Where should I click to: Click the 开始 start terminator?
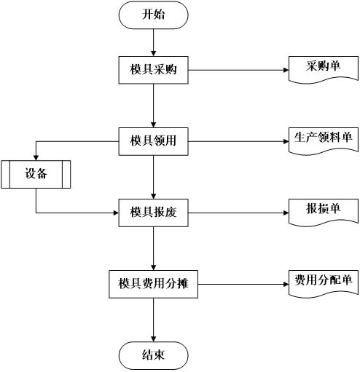(x=153, y=15)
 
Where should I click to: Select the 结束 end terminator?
(x=153, y=355)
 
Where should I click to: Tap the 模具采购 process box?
(x=153, y=70)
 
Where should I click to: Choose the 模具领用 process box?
(x=153, y=141)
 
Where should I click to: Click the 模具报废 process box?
(x=153, y=213)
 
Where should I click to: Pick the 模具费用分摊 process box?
(x=153, y=284)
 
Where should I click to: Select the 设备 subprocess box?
(x=36, y=174)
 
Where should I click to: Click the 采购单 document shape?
(x=324, y=70)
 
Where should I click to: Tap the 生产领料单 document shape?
(x=324, y=141)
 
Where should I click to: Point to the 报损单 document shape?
(x=324, y=213)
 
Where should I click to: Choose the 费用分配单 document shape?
(x=324, y=284)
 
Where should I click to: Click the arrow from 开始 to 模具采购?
(x=153, y=43)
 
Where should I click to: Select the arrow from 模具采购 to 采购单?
(x=238, y=70)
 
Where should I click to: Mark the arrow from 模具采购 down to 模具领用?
(x=153, y=106)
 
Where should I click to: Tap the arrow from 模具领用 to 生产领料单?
(x=238, y=141)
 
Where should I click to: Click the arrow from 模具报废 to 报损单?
(x=238, y=213)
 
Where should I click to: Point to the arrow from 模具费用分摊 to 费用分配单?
(x=243, y=284)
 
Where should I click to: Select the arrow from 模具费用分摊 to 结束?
(x=153, y=320)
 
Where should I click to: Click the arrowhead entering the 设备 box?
(x=36, y=158)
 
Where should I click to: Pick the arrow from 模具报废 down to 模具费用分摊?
(x=153, y=248)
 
